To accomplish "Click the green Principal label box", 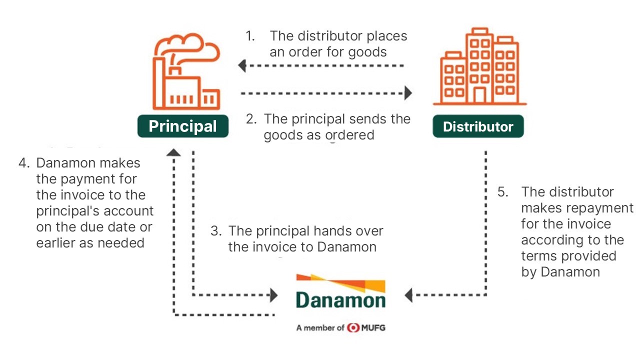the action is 183,126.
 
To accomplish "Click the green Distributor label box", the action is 478,126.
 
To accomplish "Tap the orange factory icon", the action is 186,72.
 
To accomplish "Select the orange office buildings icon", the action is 480,66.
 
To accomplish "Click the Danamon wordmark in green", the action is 340,300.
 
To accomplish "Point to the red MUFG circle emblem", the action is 353,327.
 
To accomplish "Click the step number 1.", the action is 250,36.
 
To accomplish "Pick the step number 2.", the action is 251,119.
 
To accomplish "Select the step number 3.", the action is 216,231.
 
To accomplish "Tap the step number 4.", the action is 24,163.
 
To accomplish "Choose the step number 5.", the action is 503,192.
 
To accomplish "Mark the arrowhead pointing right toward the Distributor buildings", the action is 408,93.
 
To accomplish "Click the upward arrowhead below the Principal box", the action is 173,153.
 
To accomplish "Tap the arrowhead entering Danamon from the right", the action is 408,295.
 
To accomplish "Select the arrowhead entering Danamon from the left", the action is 274,295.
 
